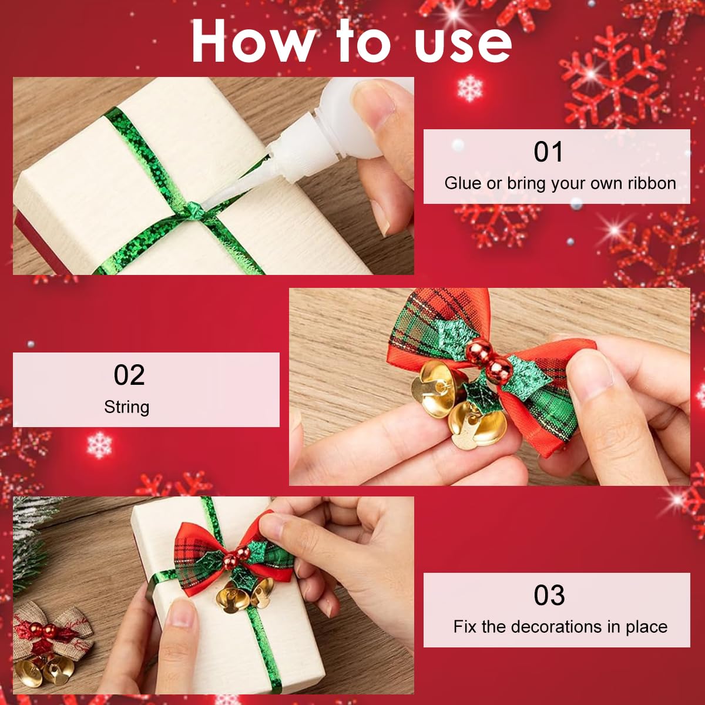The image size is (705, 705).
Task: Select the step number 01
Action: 548,152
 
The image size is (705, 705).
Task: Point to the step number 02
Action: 129,375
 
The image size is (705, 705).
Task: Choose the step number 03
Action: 549,595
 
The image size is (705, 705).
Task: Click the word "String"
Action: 126,407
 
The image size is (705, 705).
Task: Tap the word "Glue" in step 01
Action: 462,183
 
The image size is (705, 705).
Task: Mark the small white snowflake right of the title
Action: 469,88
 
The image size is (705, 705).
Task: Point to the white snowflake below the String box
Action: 99,444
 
